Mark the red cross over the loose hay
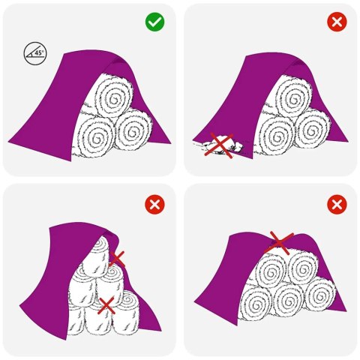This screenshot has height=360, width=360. [220, 145]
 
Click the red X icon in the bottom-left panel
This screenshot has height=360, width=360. [155, 203]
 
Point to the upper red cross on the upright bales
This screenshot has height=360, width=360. [117, 259]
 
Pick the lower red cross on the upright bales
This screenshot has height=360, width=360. [106, 304]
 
